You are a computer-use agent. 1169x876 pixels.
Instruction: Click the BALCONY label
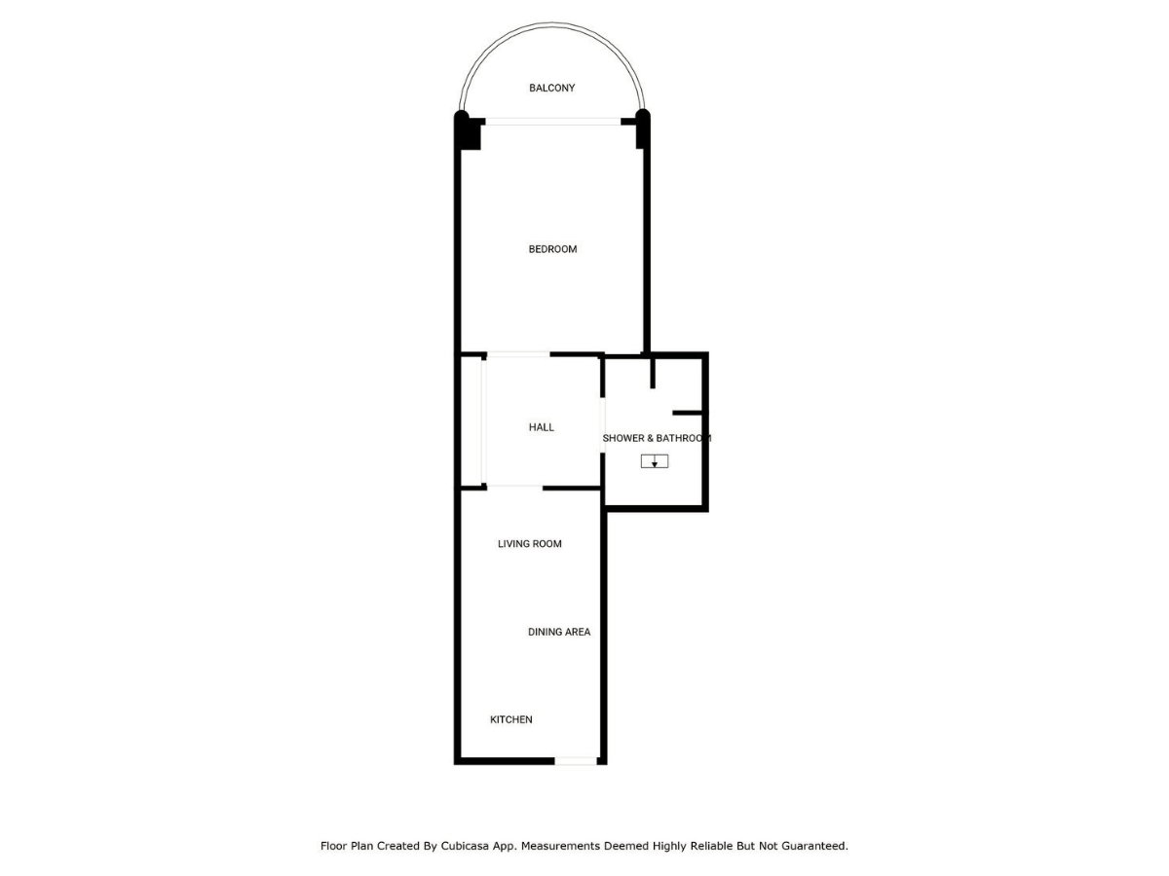tap(551, 88)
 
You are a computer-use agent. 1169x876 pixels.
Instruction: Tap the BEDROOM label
tap(552, 249)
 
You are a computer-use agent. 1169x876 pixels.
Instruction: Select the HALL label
tap(541, 427)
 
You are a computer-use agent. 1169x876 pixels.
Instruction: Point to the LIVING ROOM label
tap(529, 543)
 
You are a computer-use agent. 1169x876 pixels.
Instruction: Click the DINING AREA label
tap(559, 632)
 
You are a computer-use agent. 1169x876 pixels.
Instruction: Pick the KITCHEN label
tap(510, 719)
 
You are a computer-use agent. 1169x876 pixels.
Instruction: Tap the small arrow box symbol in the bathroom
tap(655, 461)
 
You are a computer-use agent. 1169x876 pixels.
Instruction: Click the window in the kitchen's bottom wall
tap(576, 761)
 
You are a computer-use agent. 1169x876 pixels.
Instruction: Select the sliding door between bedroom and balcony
tap(552, 122)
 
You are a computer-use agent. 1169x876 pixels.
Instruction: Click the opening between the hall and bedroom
tap(518, 354)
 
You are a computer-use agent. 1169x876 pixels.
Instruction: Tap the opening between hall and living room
tap(515, 488)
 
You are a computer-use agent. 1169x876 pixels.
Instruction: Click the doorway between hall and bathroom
tap(603, 425)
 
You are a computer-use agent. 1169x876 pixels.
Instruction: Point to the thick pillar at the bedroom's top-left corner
tap(467, 131)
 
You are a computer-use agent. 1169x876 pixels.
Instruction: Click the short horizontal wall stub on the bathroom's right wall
tap(688, 413)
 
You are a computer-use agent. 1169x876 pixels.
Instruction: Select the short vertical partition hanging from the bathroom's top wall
tap(653, 374)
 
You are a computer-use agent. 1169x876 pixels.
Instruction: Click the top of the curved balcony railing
tap(552, 23)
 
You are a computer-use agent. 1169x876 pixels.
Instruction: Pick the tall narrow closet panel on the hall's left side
tap(483, 420)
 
